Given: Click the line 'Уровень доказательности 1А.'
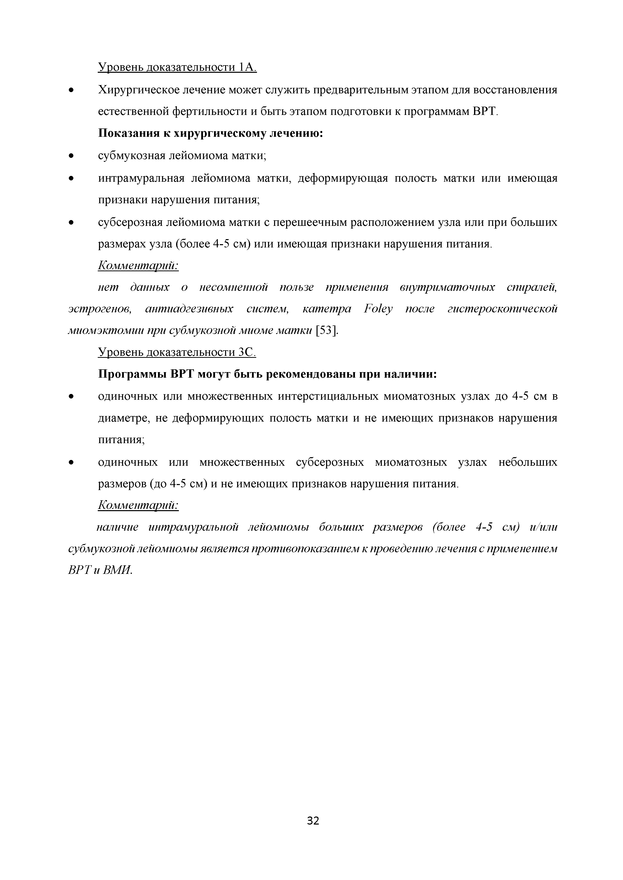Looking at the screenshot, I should point(177,67).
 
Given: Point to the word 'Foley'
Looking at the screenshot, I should point(378,309).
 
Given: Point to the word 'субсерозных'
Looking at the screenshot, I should point(330,462).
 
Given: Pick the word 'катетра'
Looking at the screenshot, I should point(327,309).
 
